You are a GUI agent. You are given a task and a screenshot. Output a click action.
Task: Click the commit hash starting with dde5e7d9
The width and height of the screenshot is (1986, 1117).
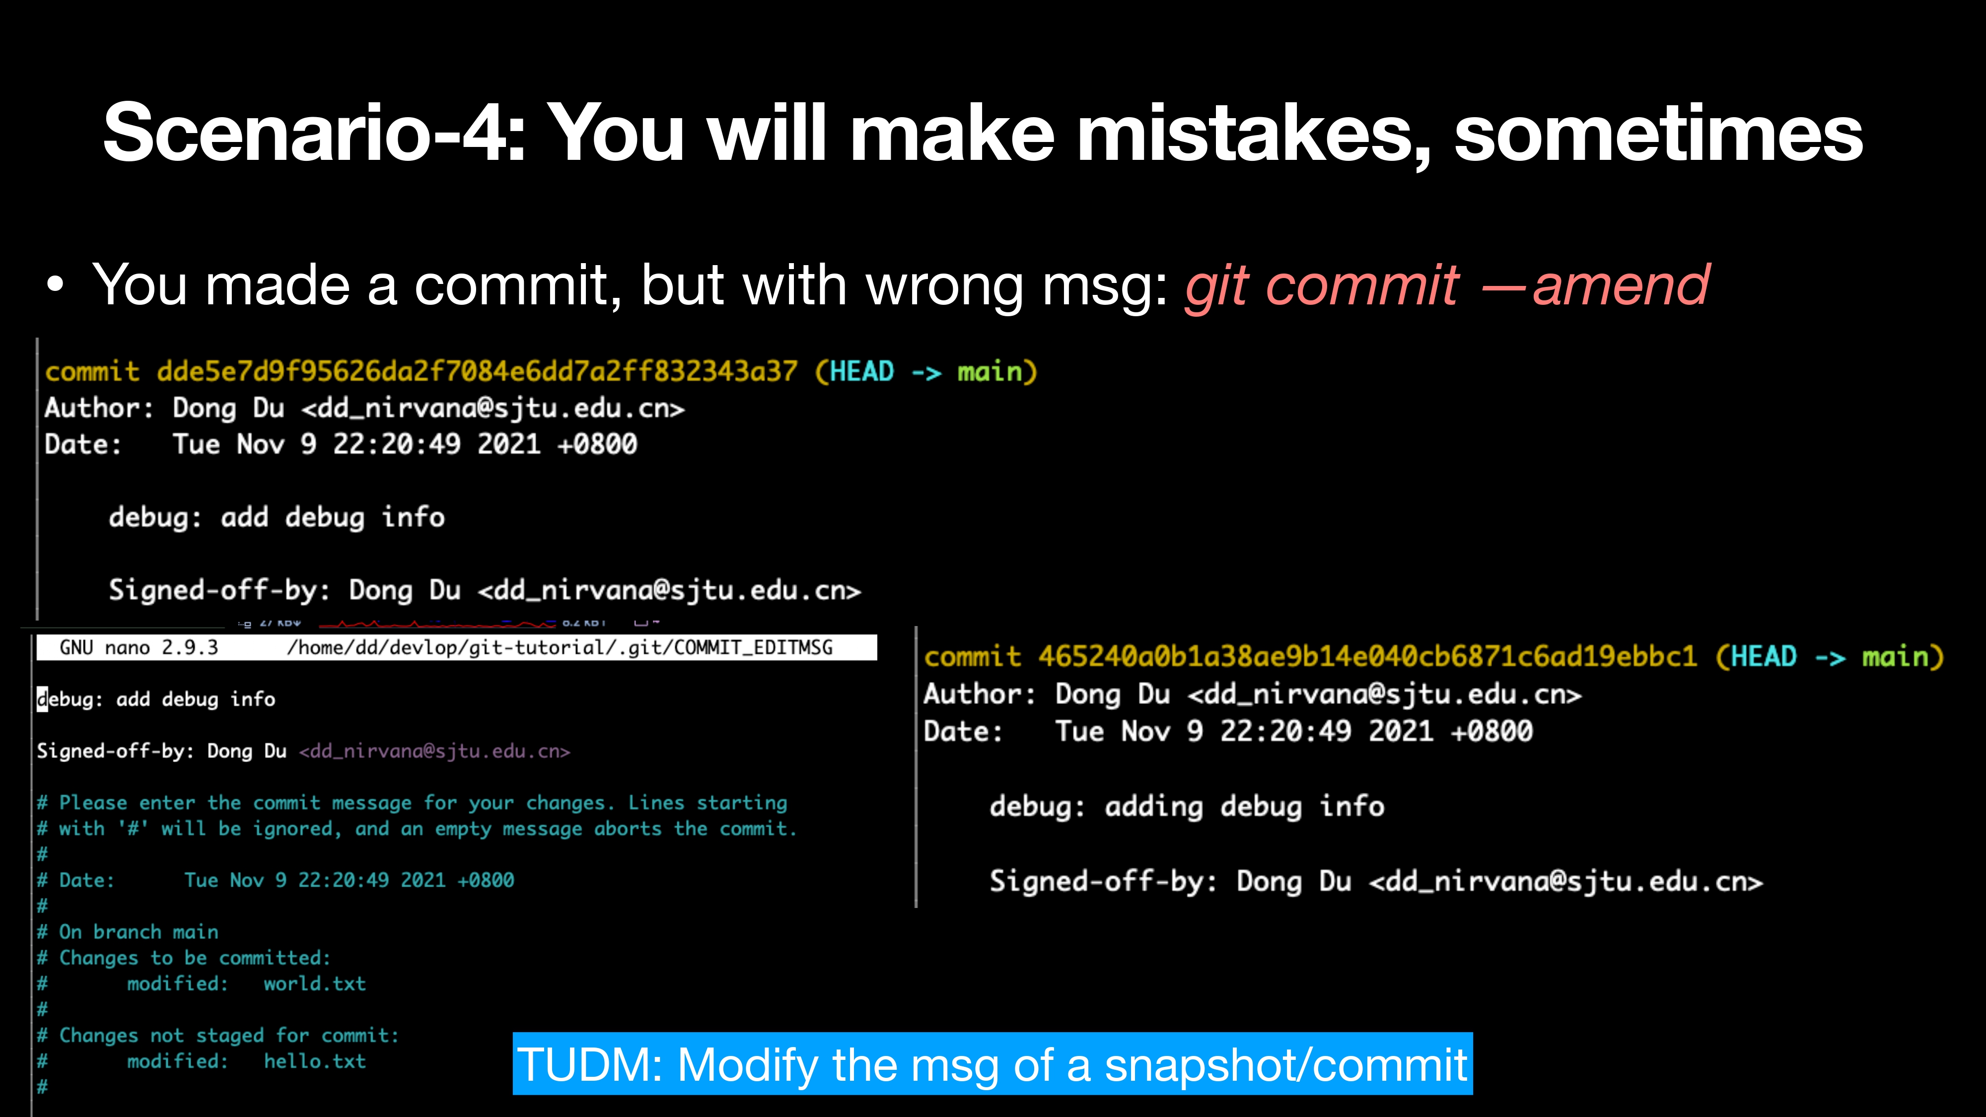click(x=477, y=371)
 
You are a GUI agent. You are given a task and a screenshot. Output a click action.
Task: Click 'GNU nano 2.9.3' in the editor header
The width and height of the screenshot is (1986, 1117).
click(x=139, y=647)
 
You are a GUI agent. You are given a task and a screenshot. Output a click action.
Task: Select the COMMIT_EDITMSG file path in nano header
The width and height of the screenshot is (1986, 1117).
click(x=560, y=647)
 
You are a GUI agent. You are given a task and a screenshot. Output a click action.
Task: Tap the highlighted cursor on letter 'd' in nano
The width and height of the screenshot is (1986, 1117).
click(x=42, y=699)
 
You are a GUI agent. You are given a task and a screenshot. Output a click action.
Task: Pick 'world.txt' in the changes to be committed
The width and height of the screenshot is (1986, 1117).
click(x=315, y=983)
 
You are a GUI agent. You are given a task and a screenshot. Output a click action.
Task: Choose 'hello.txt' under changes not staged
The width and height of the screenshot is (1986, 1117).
click(x=315, y=1061)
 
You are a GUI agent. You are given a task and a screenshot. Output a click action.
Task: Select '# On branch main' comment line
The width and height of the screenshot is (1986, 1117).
click(x=128, y=932)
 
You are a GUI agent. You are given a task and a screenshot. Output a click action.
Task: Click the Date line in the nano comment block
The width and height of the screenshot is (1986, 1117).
click(x=275, y=880)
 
